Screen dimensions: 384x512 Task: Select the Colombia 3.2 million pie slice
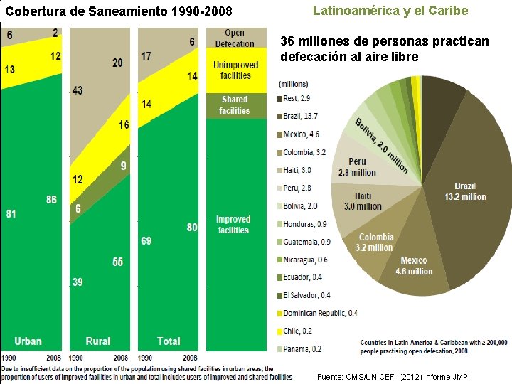pyautogui.click(x=376, y=242)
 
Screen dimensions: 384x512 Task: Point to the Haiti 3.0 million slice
pyautogui.click(x=363, y=201)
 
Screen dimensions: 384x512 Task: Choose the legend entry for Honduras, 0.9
pyautogui.click(x=304, y=224)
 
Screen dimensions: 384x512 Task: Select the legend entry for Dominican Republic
pyautogui.click(x=320, y=313)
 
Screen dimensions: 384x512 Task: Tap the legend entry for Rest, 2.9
pyautogui.click(x=295, y=98)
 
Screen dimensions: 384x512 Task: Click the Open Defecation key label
pyautogui.click(x=235, y=38)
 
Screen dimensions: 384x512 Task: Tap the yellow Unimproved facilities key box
pyautogui.click(x=235, y=70)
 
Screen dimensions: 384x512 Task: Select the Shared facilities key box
pyautogui.click(x=235, y=105)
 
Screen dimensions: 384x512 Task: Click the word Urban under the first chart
pyautogui.click(x=28, y=341)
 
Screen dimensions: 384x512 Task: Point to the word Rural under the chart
pyautogui.click(x=98, y=341)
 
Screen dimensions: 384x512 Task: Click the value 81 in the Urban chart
pyautogui.click(x=11, y=213)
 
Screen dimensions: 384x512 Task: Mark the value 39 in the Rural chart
pyautogui.click(x=77, y=282)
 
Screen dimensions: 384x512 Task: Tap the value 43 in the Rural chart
pyautogui.click(x=78, y=91)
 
